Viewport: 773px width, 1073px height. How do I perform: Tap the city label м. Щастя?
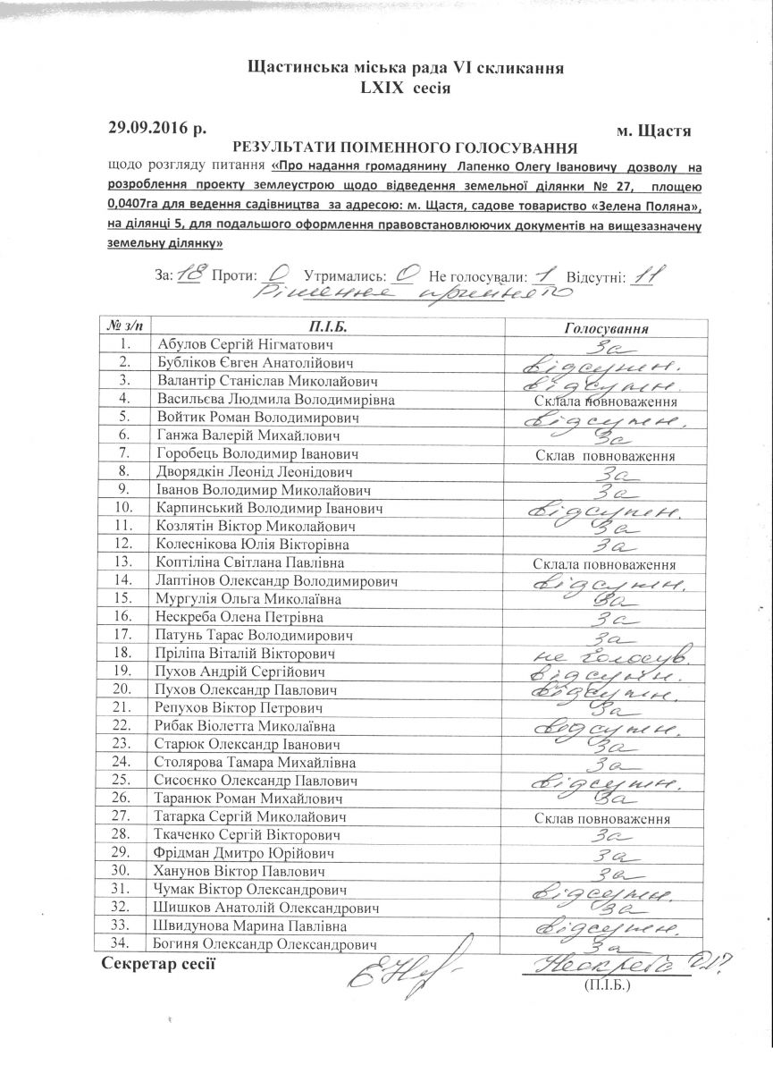click(653, 131)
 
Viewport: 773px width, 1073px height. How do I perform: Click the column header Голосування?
click(607, 328)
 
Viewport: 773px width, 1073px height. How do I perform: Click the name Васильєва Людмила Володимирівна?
click(274, 399)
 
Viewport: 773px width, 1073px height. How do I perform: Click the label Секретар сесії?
click(160, 964)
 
